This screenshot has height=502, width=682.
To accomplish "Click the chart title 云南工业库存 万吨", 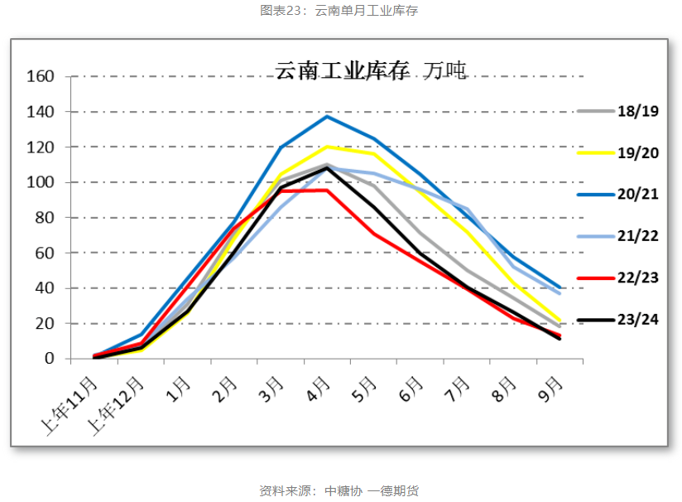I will (x=371, y=71).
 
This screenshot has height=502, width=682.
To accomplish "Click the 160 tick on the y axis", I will (x=40, y=77).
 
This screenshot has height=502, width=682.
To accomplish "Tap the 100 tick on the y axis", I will (x=40, y=182).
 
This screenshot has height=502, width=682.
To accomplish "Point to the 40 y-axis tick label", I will (x=45, y=288).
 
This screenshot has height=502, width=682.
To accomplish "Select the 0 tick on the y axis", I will (x=50, y=359).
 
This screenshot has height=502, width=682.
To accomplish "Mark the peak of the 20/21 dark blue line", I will (x=328, y=116).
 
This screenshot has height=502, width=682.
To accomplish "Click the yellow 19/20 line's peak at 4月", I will (x=328, y=147).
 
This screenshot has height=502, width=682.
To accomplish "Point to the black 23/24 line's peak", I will (x=328, y=168).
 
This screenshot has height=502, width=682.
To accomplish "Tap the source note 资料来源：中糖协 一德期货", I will (x=339, y=490).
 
